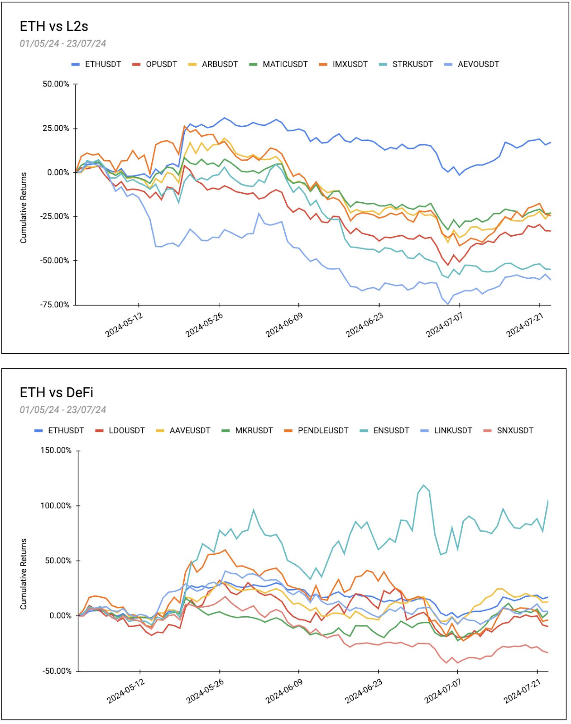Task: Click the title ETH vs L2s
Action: [54, 26]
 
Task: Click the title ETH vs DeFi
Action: [57, 392]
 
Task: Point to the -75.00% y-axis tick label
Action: [55, 305]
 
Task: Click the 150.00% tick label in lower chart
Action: [56, 450]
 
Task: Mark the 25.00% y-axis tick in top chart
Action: [56, 128]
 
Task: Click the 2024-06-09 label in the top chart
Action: [284, 325]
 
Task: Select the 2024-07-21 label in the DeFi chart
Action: [522, 691]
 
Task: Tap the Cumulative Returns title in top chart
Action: [24, 208]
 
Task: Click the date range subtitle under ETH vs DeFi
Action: [62, 410]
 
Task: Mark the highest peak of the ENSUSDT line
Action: [424, 485]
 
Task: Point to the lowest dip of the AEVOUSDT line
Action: [448, 304]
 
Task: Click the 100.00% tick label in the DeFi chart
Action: [56, 505]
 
